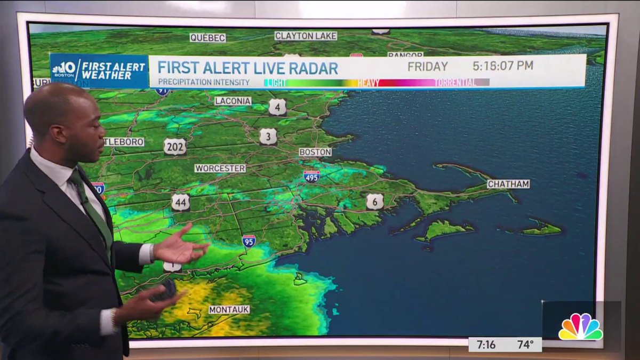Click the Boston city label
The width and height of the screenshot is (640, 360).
coord(315,152)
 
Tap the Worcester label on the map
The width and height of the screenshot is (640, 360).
coord(220,168)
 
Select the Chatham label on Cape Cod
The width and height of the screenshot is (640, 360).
coord(508,184)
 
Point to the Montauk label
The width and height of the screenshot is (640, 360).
coord(229,309)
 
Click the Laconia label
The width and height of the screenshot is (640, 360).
coord(233,101)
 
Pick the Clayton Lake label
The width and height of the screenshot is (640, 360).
coord(306,36)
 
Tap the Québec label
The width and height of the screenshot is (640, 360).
coord(207,38)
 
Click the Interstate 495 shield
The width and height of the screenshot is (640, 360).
coord(311,177)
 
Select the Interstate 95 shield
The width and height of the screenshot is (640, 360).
coord(249,241)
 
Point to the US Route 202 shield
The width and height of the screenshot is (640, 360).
coord(175,147)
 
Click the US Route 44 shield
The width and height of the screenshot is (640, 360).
coord(181,202)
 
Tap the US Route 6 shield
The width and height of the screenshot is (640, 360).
coord(374,202)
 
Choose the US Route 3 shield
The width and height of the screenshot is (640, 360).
coord(268,137)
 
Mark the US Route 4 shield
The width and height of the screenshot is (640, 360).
coord(277,107)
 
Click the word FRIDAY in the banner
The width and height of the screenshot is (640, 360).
coord(428,67)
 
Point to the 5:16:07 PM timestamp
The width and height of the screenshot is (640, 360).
coord(503,66)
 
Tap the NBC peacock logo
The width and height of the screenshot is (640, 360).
coord(580,326)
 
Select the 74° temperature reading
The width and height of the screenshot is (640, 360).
coord(525,345)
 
